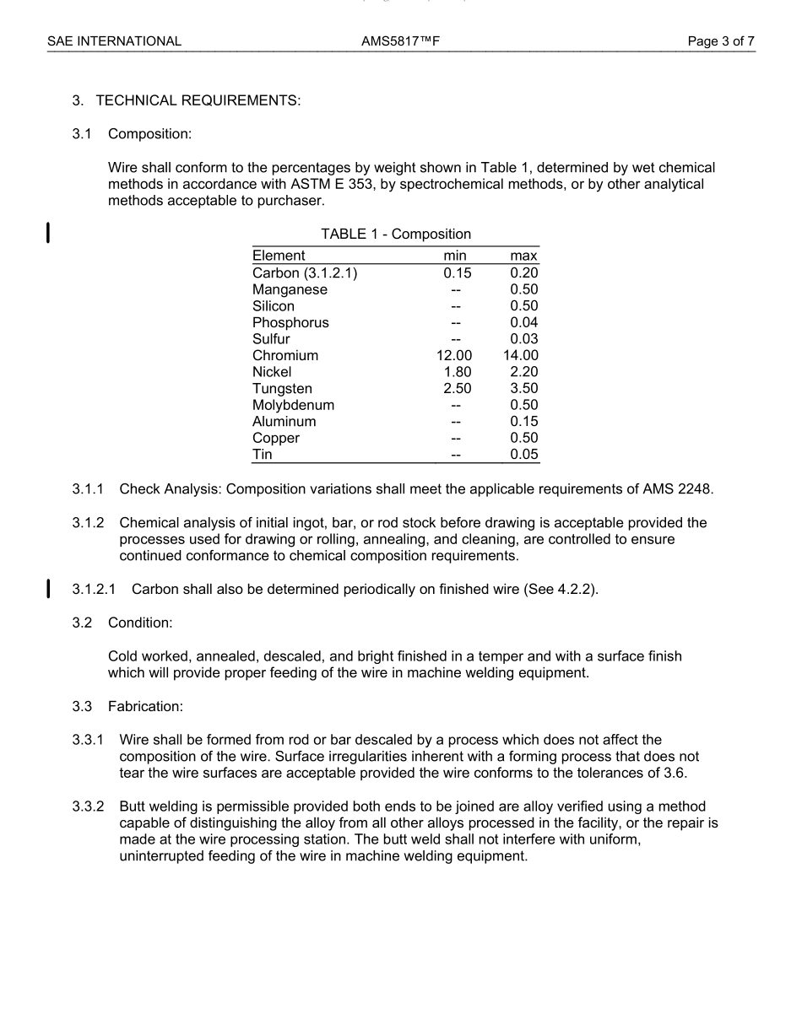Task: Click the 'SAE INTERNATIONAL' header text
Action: [x=114, y=40]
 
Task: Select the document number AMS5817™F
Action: [x=400, y=40]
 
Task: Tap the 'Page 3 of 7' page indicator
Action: [x=721, y=40]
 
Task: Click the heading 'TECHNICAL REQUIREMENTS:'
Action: [x=198, y=101]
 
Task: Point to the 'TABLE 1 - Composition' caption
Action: [x=396, y=234]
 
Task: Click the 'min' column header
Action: [x=455, y=256]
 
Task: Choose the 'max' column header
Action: [x=523, y=256]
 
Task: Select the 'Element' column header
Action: [x=279, y=256]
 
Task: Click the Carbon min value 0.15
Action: [x=457, y=272]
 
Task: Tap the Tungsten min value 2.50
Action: [x=457, y=388]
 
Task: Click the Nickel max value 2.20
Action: [x=523, y=372]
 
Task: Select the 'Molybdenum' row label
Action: [x=293, y=405]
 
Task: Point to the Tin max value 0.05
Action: [x=523, y=455]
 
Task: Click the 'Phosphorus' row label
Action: [x=290, y=322]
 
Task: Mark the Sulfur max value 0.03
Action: [x=523, y=339]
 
